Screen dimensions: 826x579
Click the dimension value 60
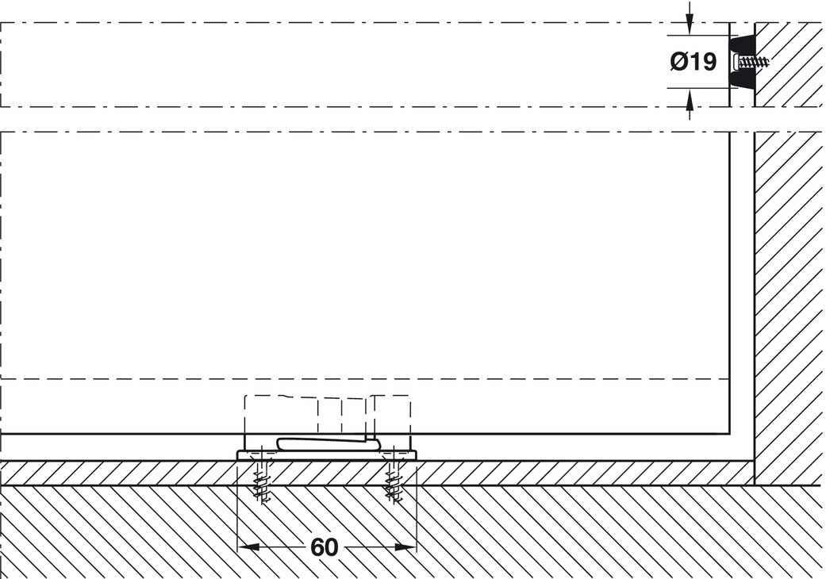click(324, 547)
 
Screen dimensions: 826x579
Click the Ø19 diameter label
click(693, 62)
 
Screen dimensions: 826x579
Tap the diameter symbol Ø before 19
click(678, 62)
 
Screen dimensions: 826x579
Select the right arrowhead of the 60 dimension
click(405, 547)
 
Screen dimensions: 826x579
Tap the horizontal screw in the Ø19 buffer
click(752, 63)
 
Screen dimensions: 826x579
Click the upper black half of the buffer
click(742, 44)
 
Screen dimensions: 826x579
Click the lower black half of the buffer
click(742, 80)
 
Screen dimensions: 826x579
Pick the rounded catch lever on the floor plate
click(328, 443)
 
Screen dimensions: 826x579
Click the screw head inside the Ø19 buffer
click(736, 63)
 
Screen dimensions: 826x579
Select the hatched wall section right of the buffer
click(790, 64)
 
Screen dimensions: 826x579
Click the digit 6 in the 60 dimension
click(317, 547)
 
